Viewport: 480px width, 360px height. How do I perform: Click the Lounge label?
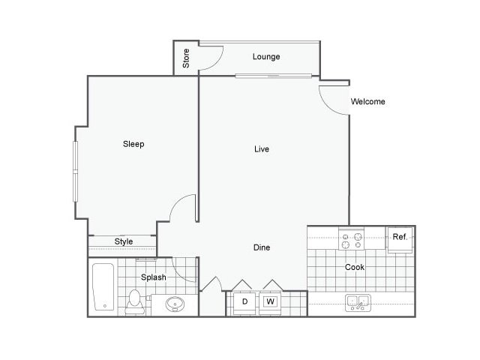click(x=266, y=56)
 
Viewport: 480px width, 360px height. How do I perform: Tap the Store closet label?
click(x=186, y=57)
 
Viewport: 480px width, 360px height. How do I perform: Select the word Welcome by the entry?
click(x=367, y=101)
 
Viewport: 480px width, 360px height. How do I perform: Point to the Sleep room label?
click(x=133, y=144)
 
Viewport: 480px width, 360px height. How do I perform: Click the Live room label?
click(x=261, y=149)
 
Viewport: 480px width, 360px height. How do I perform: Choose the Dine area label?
click(x=261, y=247)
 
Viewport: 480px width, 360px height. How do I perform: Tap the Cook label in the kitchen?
click(x=355, y=267)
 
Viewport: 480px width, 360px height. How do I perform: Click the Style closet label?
click(x=124, y=241)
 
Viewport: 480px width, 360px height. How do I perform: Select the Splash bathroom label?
click(x=154, y=277)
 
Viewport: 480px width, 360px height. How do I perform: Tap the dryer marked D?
click(x=244, y=302)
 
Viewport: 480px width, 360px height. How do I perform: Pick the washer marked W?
click(x=270, y=302)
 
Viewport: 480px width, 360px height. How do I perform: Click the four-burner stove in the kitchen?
click(x=351, y=240)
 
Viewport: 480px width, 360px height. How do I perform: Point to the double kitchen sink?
click(x=357, y=303)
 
